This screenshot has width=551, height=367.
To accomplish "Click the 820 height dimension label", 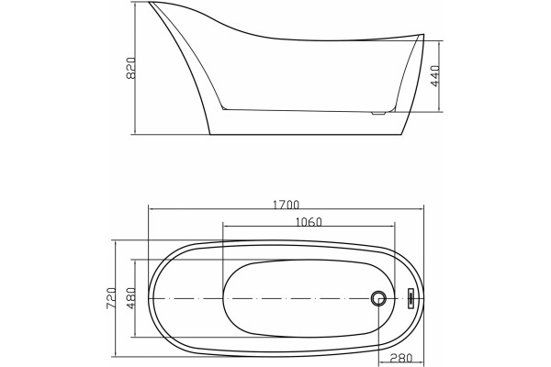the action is [x=130, y=68].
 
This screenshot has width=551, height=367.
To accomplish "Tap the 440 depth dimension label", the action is [x=435, y=76].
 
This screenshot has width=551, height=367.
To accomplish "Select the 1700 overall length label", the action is [x=286, y=205].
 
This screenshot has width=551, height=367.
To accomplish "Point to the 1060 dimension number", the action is [x=309, y=222].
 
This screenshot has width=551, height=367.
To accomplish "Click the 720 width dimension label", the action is [x=111, y=298].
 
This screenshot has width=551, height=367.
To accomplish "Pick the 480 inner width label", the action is [x=131, y=298].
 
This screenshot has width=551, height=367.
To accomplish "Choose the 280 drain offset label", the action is [x=401, y=358].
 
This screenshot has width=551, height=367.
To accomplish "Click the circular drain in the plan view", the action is [x=378, y=298].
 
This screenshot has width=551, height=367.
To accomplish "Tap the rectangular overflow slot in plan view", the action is [x=410, y=298].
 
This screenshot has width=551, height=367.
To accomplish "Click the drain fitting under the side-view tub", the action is [x=379, y=113].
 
